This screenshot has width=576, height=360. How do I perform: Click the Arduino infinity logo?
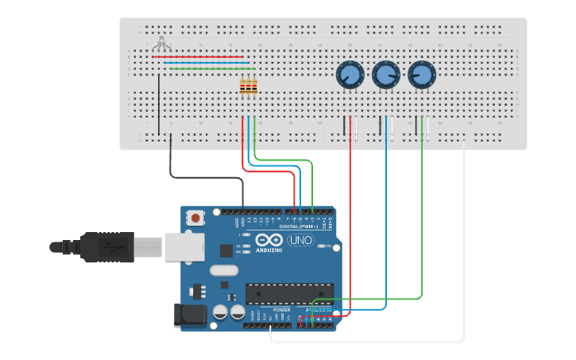tap(269, 240)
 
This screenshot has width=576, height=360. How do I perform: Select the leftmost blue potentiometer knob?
tap(349, 75)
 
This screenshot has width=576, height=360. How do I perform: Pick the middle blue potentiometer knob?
tap(385, 75)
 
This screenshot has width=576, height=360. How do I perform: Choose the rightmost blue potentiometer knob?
tap(422, 75)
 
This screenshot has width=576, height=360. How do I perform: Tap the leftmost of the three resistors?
tap(242, 87)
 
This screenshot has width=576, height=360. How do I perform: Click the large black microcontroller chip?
tap(288, 293)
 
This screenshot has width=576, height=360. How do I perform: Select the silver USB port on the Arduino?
tap(184, 246)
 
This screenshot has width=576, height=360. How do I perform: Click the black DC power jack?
tap(190, 315)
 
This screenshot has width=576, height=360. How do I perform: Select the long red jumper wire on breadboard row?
tap(199, 57)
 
